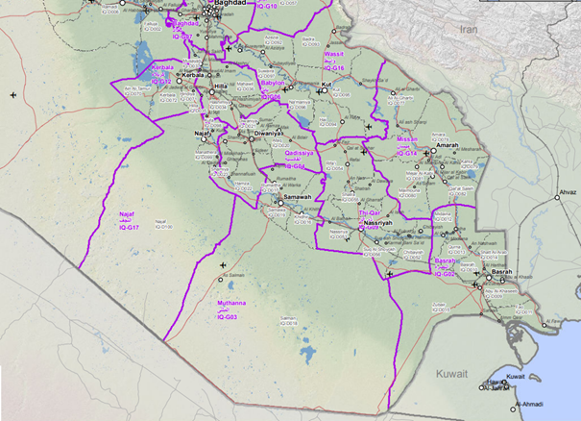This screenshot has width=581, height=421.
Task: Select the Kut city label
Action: (326, 85)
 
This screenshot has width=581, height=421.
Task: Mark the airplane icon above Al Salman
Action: (224, 262)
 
